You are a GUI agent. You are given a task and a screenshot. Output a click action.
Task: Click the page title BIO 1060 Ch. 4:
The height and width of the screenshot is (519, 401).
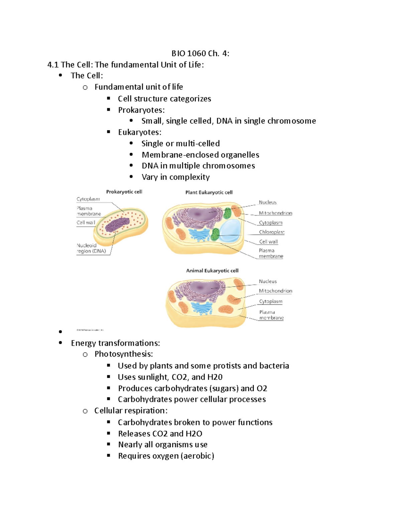tap(200, 53)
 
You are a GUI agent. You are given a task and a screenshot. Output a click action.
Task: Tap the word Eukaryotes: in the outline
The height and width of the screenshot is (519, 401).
tap(140, 132)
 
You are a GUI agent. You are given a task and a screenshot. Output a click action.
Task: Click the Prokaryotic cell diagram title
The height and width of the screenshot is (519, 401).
tap(124, 192)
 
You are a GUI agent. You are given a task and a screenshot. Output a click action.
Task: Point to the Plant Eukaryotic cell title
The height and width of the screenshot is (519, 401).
tap(209, 192)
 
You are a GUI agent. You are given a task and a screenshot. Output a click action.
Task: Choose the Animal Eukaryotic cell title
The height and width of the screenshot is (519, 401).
tap(212, 271)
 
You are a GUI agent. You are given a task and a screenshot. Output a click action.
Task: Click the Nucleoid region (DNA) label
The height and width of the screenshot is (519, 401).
tap(91, 248)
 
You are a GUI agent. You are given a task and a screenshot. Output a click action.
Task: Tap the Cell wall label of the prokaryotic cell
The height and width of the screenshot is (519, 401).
tap(86, 223)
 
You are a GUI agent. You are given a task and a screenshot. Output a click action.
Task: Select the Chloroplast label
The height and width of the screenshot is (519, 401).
tap(271, 232)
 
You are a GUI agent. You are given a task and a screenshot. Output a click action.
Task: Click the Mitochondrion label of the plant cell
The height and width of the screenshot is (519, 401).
tap(275, 213)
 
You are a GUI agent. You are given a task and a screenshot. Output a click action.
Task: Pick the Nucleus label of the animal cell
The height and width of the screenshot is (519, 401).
tap(268, 281)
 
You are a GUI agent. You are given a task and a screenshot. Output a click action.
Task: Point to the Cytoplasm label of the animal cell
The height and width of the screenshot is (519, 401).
tap(271, 301)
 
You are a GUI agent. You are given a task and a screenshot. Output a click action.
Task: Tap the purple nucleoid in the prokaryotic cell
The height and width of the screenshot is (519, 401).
tap(117, 225)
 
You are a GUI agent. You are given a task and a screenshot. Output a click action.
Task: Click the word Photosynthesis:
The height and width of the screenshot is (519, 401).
tap(124, 354)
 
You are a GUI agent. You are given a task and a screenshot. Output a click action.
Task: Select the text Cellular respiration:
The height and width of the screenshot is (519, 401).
tap(131, 411)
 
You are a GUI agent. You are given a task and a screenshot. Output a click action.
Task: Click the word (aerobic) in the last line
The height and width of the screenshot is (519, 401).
tap(197, 456)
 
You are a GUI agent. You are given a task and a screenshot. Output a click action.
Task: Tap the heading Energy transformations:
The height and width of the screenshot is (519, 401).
tap(115, 343)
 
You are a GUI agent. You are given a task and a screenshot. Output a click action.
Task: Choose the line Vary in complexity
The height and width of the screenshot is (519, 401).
tap(175, 177)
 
